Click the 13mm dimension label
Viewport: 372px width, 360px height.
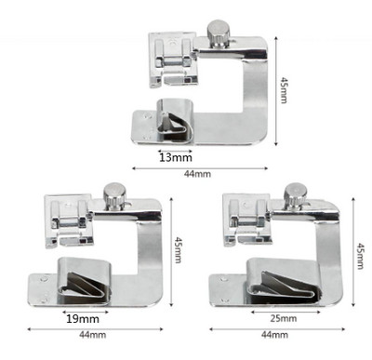click(176, 157)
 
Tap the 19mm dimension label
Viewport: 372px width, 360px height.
click(83, 319)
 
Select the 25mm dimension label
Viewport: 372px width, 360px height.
click(283, 318)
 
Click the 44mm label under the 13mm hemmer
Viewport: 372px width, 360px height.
click(197, 174)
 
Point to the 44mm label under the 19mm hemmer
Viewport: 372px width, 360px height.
click(92, 335)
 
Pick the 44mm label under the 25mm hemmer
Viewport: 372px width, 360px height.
click(274, 335)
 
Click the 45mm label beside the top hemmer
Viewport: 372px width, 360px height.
click(284, 90)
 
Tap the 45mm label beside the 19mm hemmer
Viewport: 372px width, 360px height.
click(178, 250)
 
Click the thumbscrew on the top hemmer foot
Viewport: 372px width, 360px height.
click(219, 34)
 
